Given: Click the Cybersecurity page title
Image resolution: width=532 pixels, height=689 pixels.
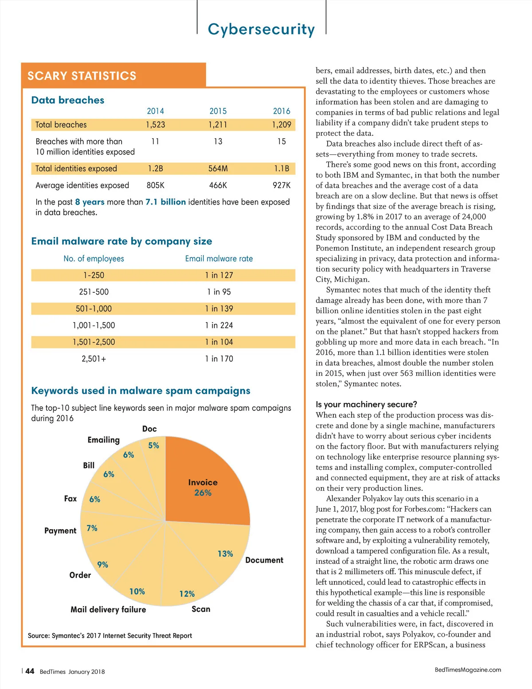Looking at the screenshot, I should coord(261,29).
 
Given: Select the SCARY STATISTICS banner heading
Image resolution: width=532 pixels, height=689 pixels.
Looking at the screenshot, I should coord(82,76).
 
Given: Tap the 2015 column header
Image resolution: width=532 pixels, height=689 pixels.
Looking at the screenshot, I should coord(218,111).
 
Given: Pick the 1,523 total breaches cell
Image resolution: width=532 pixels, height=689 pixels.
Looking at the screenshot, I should coord(155,125).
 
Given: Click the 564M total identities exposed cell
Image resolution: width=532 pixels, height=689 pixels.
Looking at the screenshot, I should coord(218,169).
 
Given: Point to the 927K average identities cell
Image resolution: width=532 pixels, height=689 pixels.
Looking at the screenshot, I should coord(282,185).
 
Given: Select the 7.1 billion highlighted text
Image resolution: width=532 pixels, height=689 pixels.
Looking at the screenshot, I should coord(165,202).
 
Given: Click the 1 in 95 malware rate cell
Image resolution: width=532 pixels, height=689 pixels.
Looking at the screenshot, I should coord(219,292).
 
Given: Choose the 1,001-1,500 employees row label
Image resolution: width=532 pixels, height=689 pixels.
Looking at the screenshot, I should coord(94,325).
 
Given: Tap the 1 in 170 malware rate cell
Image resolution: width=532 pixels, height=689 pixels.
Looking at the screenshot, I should coord(219,358).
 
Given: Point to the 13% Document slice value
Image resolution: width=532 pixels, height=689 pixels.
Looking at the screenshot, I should coord(225,554).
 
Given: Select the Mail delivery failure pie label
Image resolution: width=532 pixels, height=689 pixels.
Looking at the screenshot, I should coord(108,610).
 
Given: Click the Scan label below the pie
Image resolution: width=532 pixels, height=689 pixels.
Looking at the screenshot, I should coord(201,609).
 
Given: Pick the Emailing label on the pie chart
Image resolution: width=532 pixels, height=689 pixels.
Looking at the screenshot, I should coord(103,440).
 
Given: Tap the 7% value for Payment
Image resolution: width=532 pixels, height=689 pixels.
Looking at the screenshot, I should coord(92,528).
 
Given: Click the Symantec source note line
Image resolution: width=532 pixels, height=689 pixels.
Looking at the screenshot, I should coord(110,635).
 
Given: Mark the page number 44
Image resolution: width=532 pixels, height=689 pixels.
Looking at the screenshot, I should coord(30,671).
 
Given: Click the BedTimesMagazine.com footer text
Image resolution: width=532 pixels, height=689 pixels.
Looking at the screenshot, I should coord(468,669).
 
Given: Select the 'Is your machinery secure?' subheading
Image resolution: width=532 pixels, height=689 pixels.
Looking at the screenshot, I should coord(366,404).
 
